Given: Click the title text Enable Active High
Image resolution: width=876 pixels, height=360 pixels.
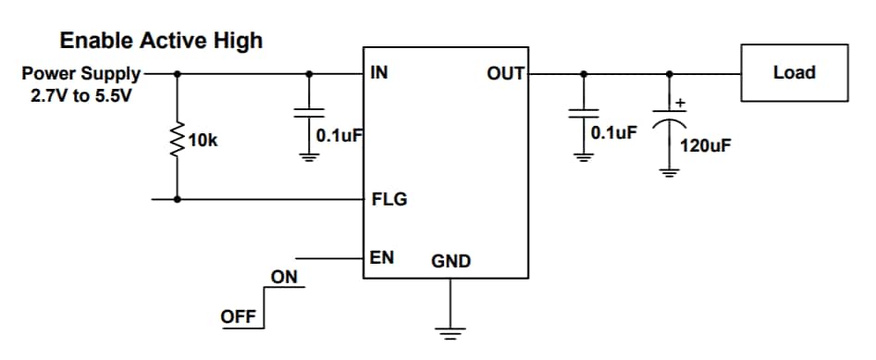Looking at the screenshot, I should coord(161,41).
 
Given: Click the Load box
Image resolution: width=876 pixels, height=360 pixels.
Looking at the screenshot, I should coord(793,72).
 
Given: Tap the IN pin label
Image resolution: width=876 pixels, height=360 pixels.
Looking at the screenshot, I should coord(378,73).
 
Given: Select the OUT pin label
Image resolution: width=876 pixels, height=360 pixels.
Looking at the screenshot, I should coord(505,73).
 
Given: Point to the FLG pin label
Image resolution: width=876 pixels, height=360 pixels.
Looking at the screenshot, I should coord(389,199).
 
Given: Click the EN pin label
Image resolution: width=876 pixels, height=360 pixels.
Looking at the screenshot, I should coord(382,258).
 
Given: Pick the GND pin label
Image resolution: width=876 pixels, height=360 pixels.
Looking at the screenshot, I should coord(450,262).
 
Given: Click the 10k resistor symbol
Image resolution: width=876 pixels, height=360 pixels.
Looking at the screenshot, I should coord(177,140).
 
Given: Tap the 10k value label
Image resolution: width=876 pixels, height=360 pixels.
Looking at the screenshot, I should coord(203,141).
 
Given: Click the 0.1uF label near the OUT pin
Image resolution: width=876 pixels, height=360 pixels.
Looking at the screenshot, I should coord(613,132).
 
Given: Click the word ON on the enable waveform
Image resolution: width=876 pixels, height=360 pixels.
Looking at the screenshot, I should coord(284,277).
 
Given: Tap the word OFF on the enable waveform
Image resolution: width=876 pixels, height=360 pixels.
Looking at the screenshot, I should coord(238,317).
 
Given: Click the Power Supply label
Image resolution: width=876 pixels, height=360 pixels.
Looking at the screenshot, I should coord(81,73).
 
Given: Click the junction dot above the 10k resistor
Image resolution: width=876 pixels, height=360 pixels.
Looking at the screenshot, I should coord(177,73).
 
